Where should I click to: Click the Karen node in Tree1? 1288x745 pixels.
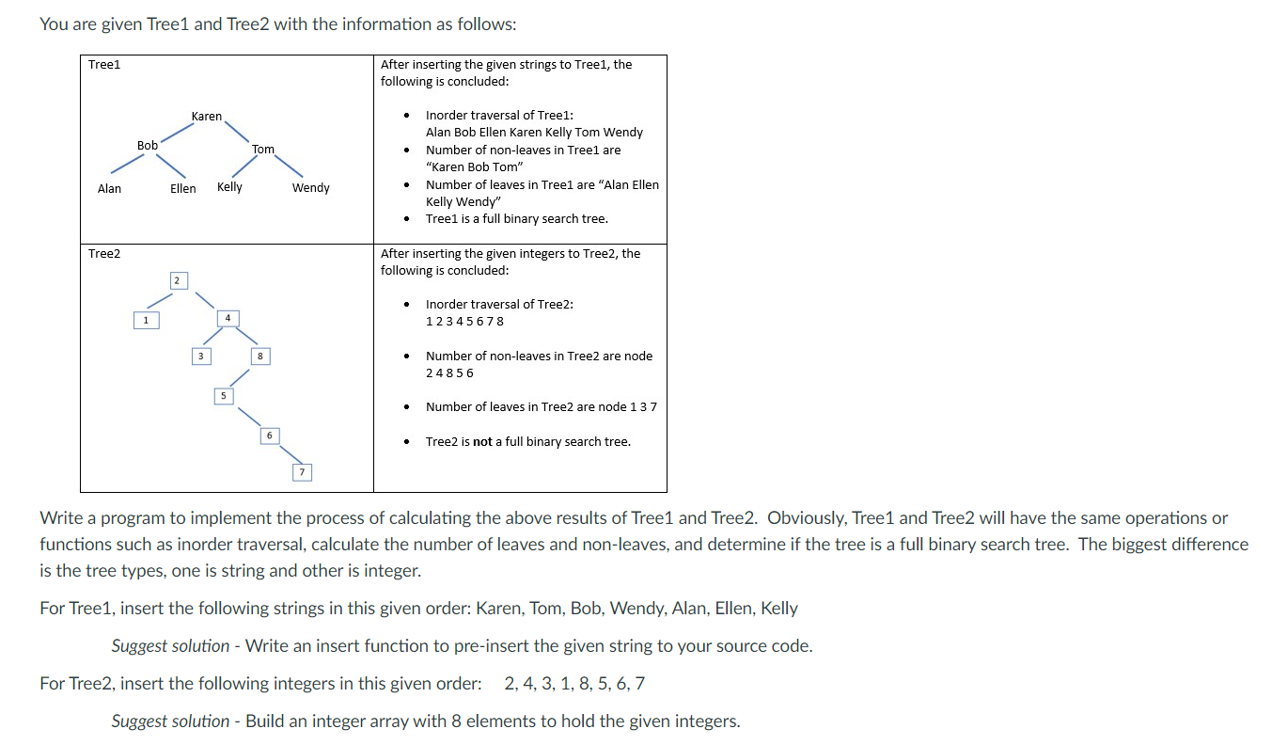tap(206, 117)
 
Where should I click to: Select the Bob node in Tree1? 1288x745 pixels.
tap(148, 146)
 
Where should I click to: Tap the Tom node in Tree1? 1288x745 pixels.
tap(263, 150)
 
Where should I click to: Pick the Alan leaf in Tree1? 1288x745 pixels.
tap(109, 189)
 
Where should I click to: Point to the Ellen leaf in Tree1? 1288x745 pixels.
tap(182, 189)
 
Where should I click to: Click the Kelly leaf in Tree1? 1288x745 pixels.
tap(229, 187)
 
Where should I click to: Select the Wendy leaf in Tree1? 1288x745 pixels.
tap(310, 188)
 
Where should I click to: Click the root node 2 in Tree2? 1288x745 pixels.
tap(176, 280)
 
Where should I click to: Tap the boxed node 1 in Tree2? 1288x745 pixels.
tap(145, 321)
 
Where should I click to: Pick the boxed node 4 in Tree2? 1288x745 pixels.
tap(227, 318)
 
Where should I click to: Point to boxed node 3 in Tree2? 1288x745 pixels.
tap(198, 357)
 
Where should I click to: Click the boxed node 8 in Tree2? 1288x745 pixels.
tap(259, 357)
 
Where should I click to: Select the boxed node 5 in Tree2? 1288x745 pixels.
tap(223, 396)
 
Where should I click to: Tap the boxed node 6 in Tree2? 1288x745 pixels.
tap(269, 436)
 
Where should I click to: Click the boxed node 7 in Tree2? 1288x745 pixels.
tap(301, 471)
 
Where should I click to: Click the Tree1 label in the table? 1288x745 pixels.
tap(104, 65)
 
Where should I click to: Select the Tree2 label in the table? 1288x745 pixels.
tap(104, 254)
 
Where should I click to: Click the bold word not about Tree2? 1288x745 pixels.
tap(482, 442)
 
